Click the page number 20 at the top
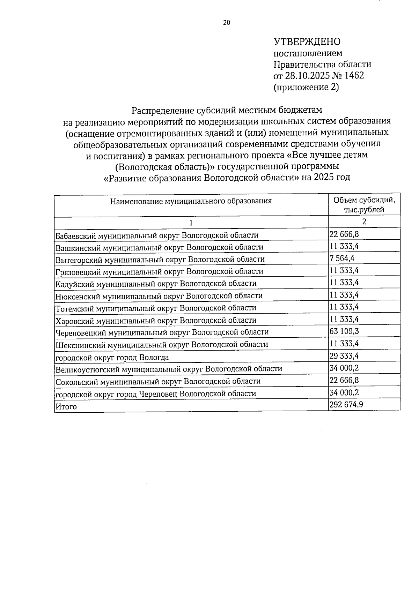click(227, 23)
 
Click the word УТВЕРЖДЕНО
click(307, 42)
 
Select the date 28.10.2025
click(305, 75)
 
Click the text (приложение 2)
click(306, 87)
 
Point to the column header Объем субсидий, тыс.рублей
click(364, 205)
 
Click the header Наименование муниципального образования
click(191, 201)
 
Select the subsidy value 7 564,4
click(341, 258)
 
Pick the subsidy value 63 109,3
click(344, 331)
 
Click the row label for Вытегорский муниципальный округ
click(160, 259)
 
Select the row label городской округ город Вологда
click(112, 357)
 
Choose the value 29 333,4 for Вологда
click(344, 356)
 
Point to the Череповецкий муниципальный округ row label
click(162, 332)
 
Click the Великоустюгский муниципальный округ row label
click(169, 369)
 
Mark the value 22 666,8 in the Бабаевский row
click(344, 234)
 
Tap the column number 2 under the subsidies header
click(364, 222)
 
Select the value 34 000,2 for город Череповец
click(344, 392)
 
